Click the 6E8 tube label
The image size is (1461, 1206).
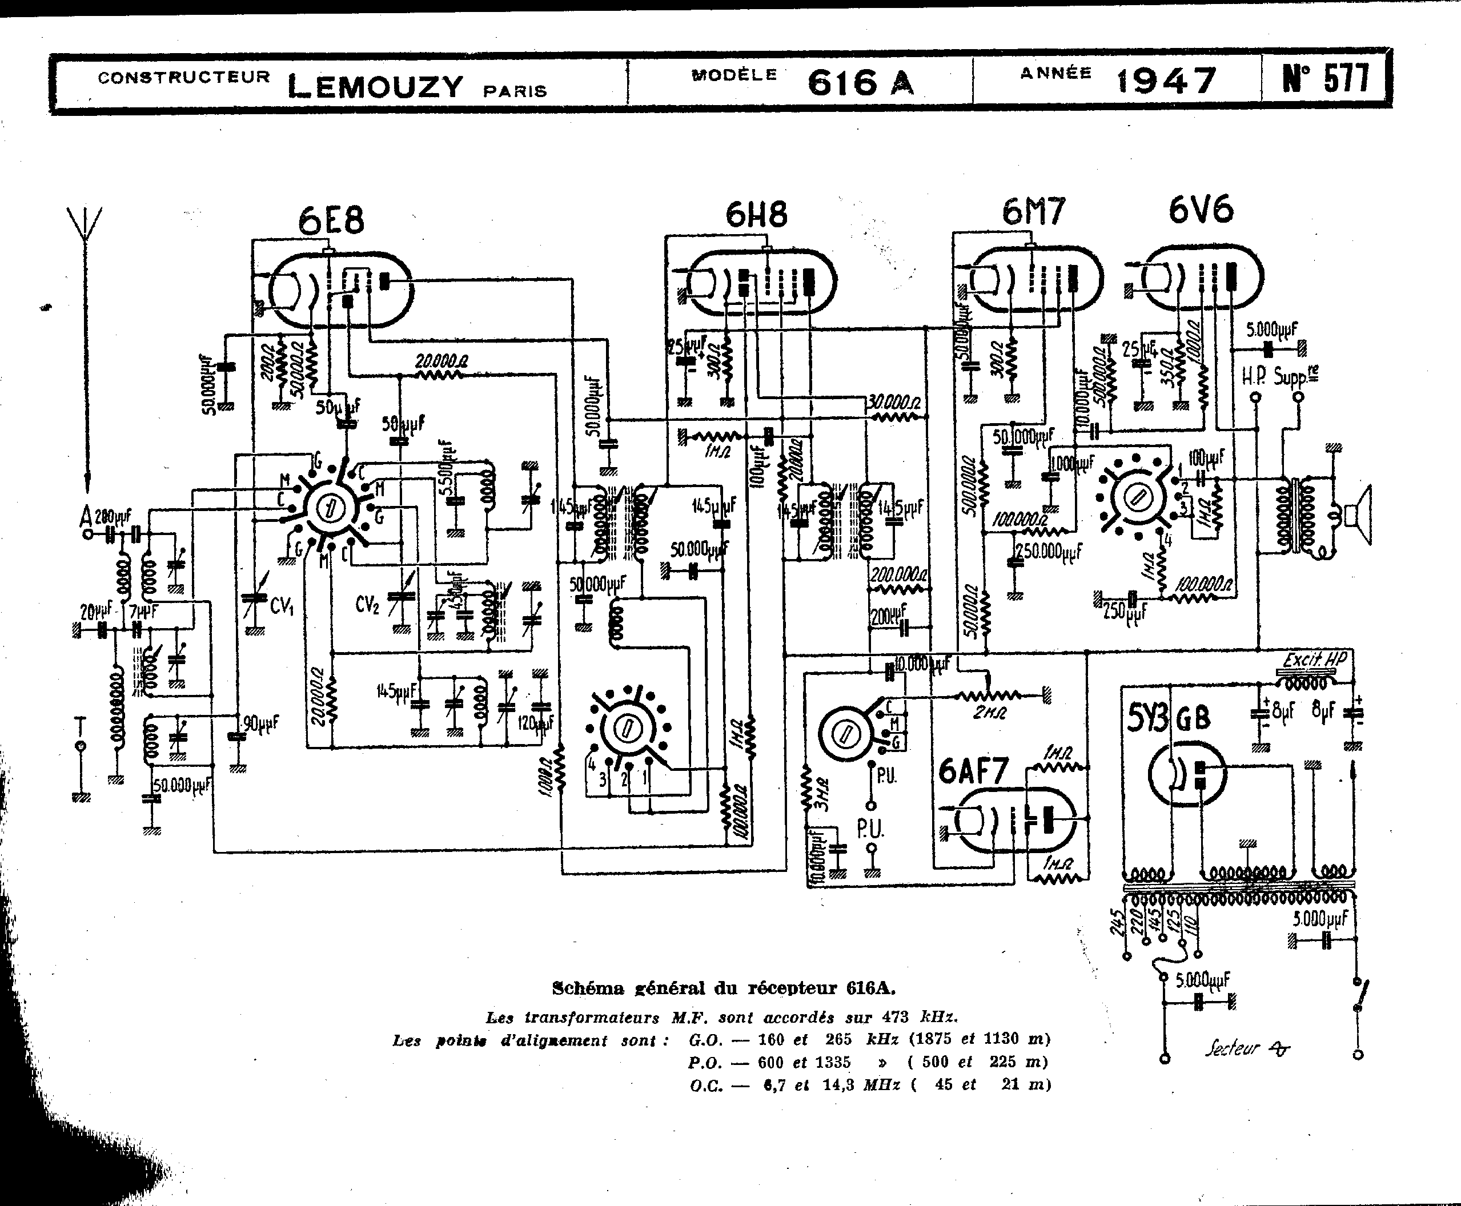point(331,220)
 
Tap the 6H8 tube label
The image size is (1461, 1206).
point(757,214)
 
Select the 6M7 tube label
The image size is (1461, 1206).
point(1033,212)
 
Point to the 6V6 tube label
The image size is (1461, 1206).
point(1201,210)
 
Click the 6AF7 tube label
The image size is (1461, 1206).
point(973,770)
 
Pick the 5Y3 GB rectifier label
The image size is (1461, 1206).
point(1167,718)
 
